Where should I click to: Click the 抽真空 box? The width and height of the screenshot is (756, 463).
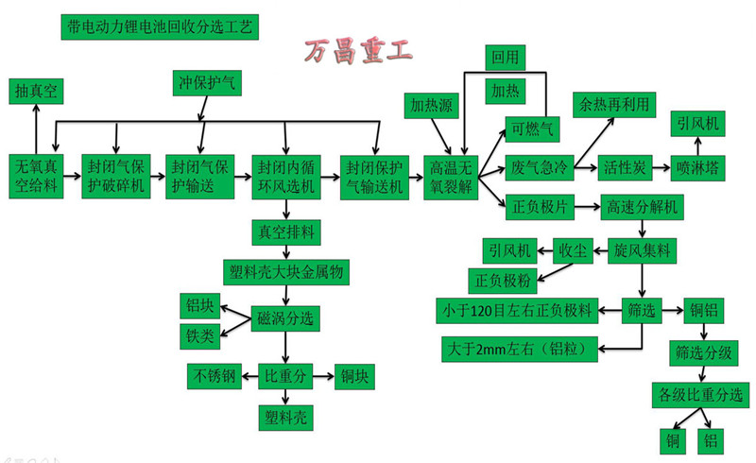tap(36, 91)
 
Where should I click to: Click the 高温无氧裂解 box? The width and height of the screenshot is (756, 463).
tap(449, 175)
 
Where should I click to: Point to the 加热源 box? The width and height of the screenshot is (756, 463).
tap(430, 103)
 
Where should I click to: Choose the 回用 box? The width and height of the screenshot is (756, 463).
tap(504, 56)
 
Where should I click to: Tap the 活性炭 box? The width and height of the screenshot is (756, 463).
tap(625, 168)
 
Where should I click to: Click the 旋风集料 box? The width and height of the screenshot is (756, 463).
tap(642, 250)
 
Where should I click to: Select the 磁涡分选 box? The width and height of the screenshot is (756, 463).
tap(285, 316)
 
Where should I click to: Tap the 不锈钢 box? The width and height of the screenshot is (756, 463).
tap(215, 375)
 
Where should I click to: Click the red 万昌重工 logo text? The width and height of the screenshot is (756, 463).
tap(356, 53)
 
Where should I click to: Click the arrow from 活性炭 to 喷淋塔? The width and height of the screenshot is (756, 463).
tap(659, 168)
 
